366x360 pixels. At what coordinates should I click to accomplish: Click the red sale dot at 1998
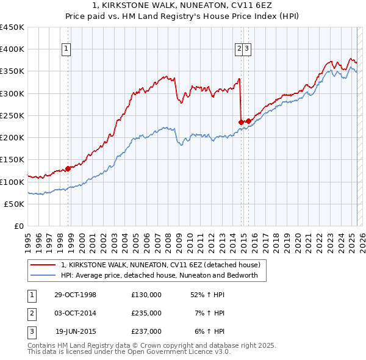pyautogui.click(x=68, y=168)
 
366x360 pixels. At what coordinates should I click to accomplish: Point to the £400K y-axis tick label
pyautogui.click(x=13, y=49)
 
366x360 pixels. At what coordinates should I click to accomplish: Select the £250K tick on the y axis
pyautogui.click(x=13, y=115)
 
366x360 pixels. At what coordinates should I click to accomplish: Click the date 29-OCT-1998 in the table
pyautogui.click(x=75, y=295)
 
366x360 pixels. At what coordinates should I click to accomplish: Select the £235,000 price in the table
pyautogui.click(x=146, y=313)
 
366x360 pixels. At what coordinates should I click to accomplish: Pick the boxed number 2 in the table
pyautogui.click(x=31, y=313)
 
